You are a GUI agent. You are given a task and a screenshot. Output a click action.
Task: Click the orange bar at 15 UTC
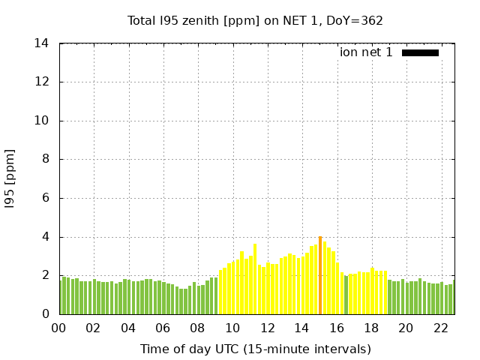[x=320, y=275]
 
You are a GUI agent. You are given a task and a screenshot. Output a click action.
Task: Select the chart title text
[x=255, y=20]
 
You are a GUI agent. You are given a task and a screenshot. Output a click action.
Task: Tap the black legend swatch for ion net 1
[x=420, y=52]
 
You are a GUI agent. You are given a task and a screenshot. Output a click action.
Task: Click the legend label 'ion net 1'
[x=366, y=52]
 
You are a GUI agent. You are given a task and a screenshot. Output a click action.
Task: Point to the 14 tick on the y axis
[x=42, y=43]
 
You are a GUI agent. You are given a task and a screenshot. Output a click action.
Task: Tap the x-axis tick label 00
[x=59, y=328]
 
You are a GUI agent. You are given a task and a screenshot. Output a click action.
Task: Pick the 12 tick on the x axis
[x=268, y=328]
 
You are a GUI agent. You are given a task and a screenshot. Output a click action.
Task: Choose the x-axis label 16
[x=337, y=328]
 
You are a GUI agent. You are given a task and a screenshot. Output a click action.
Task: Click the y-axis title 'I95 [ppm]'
[x=10, y=179]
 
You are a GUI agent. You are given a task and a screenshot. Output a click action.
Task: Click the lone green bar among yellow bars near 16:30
[x=346, y=295]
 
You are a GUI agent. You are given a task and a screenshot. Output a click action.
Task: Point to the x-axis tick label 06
[x=163, y=328]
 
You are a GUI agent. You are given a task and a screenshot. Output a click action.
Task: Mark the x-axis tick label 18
[x=372, y=328]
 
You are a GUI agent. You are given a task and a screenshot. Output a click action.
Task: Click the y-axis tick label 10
[x=42, y=121]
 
